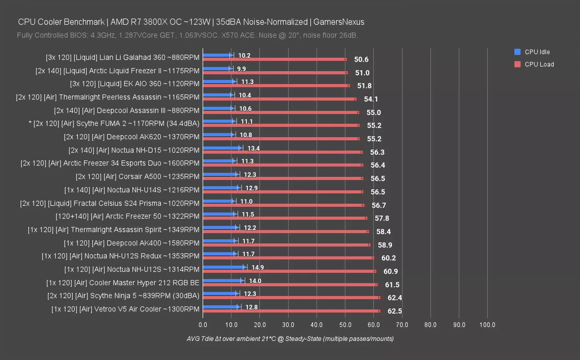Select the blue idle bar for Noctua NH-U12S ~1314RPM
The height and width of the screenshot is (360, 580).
pos(225,267)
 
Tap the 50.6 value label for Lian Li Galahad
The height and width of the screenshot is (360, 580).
pos(361,60)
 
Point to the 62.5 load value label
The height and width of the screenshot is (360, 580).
pos(395,311)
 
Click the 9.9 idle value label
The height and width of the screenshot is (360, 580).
pos(241,69)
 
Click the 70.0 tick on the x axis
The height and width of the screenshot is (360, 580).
pos(402,325)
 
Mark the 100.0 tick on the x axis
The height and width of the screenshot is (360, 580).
pos(487,325)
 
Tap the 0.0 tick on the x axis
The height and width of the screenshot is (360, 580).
pos(203,325)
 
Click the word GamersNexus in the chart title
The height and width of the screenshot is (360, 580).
pos(339,22)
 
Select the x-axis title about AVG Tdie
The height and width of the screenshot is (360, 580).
pos(290,339)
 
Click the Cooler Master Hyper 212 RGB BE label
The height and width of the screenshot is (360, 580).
pos(123,283)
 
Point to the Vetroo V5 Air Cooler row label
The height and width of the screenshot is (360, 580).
pos(125,309)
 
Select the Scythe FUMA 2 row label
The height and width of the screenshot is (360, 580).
pos(114,124)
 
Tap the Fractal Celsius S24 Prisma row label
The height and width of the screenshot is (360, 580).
pos(110,203)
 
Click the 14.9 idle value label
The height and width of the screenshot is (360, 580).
pos(257,268)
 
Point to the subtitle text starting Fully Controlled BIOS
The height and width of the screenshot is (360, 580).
pos(187,35)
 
